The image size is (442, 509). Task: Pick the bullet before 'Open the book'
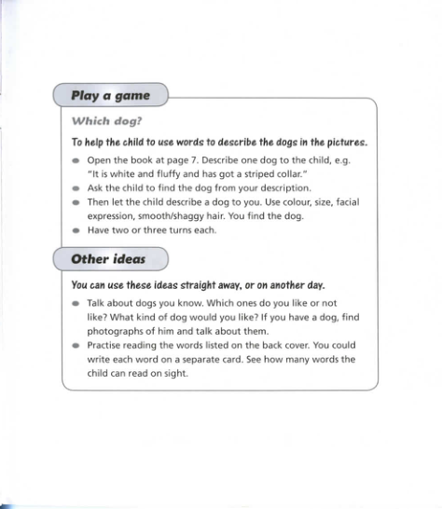[x=76, y=161]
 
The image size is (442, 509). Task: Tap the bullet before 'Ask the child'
[x=76, y=188]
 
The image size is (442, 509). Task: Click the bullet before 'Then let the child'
[x=76, y=201]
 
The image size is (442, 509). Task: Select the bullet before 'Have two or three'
[x=76, y=229]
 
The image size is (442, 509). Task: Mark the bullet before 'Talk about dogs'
[x=76, y=304]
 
